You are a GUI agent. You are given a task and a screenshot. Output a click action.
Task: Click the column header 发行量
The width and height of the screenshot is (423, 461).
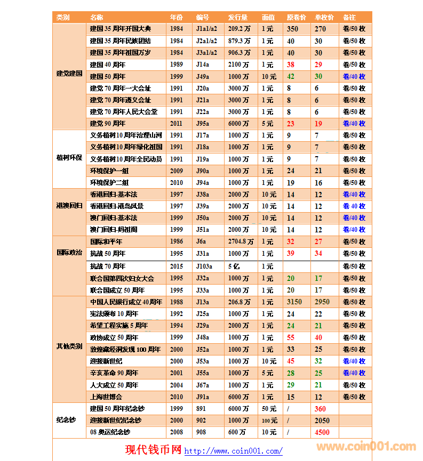(238, 18)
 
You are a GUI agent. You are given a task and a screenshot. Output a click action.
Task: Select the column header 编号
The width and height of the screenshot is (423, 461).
(203, 18)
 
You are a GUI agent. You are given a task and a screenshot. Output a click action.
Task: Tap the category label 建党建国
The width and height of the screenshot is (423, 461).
(69, 74)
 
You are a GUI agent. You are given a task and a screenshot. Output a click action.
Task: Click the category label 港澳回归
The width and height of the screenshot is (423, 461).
(69, 206)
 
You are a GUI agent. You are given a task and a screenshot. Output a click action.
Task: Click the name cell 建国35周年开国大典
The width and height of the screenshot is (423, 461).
(121, 29)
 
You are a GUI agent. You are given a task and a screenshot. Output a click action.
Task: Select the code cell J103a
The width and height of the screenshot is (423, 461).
(204, 266)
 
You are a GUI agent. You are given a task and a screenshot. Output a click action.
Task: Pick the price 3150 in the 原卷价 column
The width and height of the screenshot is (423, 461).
(294, 302)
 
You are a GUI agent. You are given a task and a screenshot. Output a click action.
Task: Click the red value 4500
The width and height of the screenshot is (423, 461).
(322, 432)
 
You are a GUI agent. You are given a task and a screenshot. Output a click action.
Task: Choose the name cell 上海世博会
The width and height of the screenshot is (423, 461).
(106, 397)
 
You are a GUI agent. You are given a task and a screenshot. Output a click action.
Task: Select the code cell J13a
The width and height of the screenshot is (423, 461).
(203, 302)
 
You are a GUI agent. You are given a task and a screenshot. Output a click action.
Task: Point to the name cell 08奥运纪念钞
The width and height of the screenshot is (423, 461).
(110, 432)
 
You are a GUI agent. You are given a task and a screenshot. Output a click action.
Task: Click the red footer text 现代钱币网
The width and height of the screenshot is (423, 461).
(154, 450)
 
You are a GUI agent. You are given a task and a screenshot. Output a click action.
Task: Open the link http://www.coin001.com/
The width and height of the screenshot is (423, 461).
(234, 451)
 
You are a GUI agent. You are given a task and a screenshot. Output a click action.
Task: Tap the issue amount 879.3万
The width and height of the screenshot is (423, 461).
(239, 41)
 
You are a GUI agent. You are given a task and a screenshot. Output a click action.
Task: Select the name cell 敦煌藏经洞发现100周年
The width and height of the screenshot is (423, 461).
(125, 350)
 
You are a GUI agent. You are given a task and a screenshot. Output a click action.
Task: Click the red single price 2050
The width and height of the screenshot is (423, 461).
(322, 420)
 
